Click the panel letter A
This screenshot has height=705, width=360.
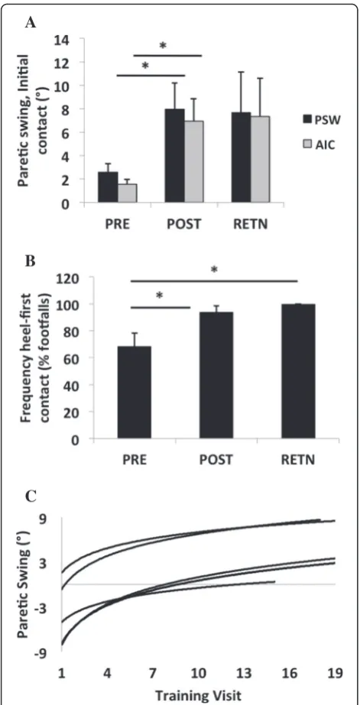click(x=30, y=23)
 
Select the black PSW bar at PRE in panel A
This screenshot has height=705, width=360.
click(x=108, y=187)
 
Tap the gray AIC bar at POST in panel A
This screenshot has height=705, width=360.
click(x=194, y=163)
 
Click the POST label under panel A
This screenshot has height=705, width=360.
click(x=184, y=224)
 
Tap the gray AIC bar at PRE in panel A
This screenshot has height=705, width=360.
click(x=128, y=193)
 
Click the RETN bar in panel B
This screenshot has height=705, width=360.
click(x=298, y=371)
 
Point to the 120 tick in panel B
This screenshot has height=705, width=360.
click(x=73, y=277)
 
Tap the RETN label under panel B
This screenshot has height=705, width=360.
click(x=298, y=460)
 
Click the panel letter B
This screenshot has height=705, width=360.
click(x=30, y=261)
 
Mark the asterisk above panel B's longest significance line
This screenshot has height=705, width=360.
click(x=214, y=270)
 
